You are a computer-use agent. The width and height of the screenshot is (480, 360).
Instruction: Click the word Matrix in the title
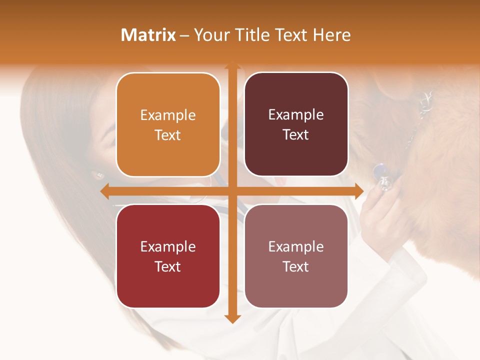148,35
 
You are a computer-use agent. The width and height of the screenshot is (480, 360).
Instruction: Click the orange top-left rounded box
168,124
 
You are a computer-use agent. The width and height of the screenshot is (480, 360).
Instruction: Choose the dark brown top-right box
296,124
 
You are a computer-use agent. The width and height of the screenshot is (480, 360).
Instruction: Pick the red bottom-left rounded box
168,256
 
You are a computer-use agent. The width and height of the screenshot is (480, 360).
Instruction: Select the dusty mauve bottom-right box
296,256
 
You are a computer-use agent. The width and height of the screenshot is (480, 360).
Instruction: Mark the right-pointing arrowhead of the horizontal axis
358,191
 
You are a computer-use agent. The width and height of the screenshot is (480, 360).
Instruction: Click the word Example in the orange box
168,115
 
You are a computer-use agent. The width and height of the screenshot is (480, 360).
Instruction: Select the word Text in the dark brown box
296,135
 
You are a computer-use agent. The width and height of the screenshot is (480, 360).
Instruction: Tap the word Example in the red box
168,246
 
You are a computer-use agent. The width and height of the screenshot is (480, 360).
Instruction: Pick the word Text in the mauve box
296,266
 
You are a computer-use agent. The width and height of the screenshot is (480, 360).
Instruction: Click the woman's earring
98,175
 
